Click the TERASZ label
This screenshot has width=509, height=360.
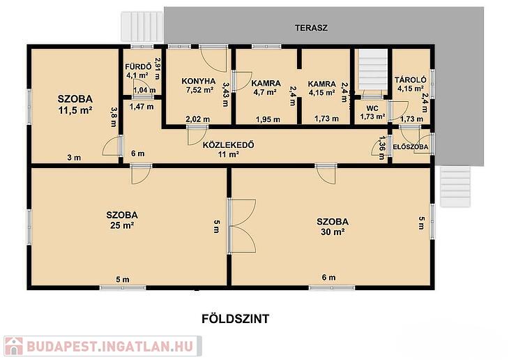tap(311, 28)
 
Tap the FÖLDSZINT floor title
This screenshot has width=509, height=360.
tap(236, 319)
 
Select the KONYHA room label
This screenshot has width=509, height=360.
tap(198, 81)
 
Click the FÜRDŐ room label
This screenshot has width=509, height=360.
tap(138, 67)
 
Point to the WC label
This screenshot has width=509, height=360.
tap(372, 109)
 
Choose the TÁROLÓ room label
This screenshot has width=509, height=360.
tap(410, 80)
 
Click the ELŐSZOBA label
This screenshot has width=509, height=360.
tap(411, 147)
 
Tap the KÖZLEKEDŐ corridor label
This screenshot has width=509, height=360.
tap(228, 145)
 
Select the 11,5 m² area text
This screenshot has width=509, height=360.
tap(75, 110)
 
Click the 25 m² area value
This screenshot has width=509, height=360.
tap(122, 225)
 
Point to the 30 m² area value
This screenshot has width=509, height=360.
tap(333, 232)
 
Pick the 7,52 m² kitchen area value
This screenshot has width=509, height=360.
tap(199, 90)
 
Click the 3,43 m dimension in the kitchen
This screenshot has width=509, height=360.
tap(226, 94)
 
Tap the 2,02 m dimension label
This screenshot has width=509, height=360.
tap(197, 119)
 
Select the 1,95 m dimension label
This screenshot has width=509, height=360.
tap(268, 119)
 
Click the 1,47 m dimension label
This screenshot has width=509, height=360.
tap(142, 107)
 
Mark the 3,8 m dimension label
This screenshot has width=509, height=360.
tap(113, 117)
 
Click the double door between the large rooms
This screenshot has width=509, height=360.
tap(241, 226)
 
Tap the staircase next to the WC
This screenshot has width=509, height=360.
tap(372, 70)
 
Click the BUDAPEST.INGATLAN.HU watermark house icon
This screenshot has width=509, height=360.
tap(14, 346)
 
